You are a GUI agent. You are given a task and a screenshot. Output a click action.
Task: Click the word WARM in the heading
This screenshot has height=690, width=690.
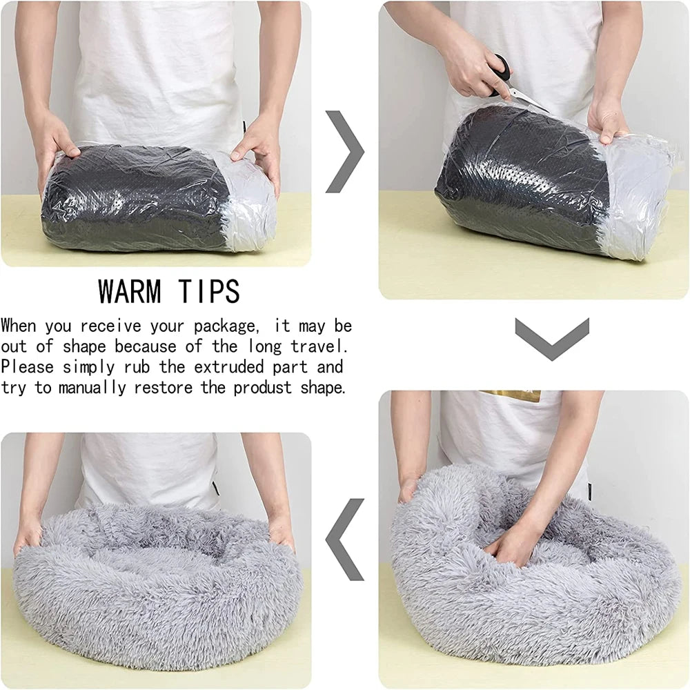click(130, 291)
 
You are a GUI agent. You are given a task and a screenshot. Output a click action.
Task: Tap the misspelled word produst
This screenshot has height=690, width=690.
click(262, 388)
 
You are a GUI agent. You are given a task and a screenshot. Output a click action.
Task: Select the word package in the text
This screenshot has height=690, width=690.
click(224, 326)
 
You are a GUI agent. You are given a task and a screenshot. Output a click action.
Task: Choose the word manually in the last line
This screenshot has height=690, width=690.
click(92, 388)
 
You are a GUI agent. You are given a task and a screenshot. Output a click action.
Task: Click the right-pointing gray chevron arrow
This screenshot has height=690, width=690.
click(345, 152)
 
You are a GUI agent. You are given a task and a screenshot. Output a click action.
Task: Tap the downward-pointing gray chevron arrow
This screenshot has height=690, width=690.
click(552, 339)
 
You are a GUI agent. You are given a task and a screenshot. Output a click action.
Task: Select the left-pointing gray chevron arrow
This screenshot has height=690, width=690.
click(344, 540)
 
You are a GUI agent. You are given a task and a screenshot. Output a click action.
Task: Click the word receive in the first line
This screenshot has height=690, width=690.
click(110, 326)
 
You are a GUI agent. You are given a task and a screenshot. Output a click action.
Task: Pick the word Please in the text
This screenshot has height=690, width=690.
click(28, 366)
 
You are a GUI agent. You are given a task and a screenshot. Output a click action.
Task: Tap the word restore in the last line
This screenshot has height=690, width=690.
click(164, 388)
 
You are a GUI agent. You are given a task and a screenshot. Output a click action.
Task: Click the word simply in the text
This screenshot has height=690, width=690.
click(88, 367)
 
